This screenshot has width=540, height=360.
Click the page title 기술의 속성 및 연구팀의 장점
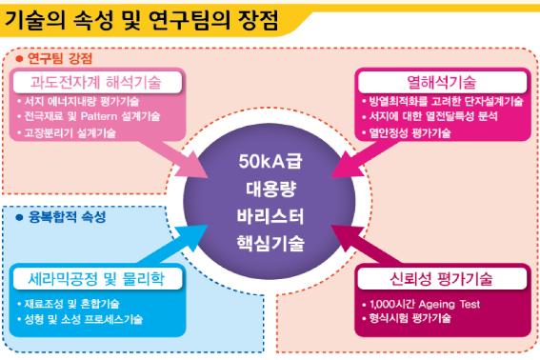click(141, 20)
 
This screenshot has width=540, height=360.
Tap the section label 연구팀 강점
click(60, 58)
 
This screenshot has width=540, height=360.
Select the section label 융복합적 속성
click(68, 217)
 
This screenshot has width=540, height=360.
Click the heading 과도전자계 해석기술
click(96, 82)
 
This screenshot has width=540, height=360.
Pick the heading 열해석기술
click(442, 82)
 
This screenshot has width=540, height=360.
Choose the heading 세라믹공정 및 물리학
click(96, 279)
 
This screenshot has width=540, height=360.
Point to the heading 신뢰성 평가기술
click(442, 279)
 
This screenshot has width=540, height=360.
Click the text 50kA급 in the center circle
click(270, 161)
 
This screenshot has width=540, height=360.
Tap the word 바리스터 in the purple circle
click(270, 216)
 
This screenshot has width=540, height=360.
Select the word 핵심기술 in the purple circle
click(270, 243)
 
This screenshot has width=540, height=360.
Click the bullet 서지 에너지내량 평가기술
click(82, 102)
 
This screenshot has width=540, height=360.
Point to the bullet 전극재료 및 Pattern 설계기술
click(92, 116)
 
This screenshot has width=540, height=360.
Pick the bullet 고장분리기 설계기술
click(70, 133)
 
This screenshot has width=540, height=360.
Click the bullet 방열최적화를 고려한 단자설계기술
click(447, 102)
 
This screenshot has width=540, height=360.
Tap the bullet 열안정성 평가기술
click(410, 133)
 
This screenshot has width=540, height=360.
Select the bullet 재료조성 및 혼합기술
click(71, 304)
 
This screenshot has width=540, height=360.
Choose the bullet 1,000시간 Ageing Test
click(425, 304)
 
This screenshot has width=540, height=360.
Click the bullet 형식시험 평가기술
click(410, 318)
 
